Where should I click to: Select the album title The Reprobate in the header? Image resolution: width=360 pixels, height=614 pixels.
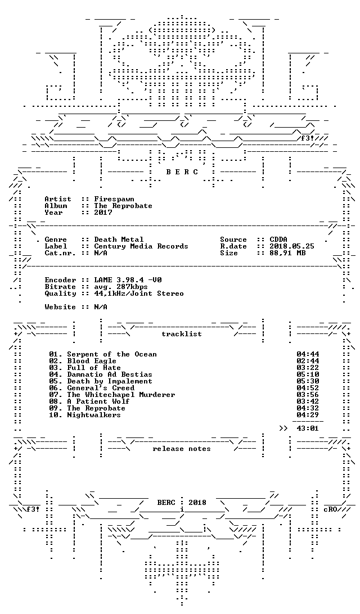tap(123, 206)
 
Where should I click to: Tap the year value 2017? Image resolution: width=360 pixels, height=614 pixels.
tap(103, 213)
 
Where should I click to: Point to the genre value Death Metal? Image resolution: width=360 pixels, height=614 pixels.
tap(119, 240)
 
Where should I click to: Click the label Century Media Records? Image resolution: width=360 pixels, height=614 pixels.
tap(141, 246)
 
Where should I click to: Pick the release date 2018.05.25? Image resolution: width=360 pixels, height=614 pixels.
tap(292, 246)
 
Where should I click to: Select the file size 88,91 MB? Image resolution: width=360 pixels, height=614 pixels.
tap(287, 253)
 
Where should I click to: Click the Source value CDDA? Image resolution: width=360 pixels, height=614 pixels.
tap(278, 240)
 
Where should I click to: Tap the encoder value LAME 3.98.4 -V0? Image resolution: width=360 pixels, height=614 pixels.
tap(128, 280)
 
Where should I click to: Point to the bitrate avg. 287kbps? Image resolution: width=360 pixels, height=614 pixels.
tap(120, 287)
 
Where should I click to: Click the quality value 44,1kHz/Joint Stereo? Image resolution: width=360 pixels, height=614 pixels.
tap(139, 294)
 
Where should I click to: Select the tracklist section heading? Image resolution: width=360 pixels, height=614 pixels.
tap(182, 334)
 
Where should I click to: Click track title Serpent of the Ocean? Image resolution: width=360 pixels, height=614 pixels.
tap(111, 354)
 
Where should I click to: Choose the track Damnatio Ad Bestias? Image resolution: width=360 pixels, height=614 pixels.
tap(109, 374)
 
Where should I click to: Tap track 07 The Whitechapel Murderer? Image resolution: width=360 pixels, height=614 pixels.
tap(120, 395)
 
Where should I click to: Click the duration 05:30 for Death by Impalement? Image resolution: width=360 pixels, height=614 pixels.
tap(308, 381)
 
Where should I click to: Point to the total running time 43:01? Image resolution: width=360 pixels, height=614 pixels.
tap(308, 428)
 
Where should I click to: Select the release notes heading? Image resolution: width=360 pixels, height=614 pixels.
tap(182, 449)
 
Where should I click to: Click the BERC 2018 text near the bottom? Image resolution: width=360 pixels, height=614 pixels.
tap(182, 503)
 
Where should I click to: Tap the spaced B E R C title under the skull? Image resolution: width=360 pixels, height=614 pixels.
tap(182, 172)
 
